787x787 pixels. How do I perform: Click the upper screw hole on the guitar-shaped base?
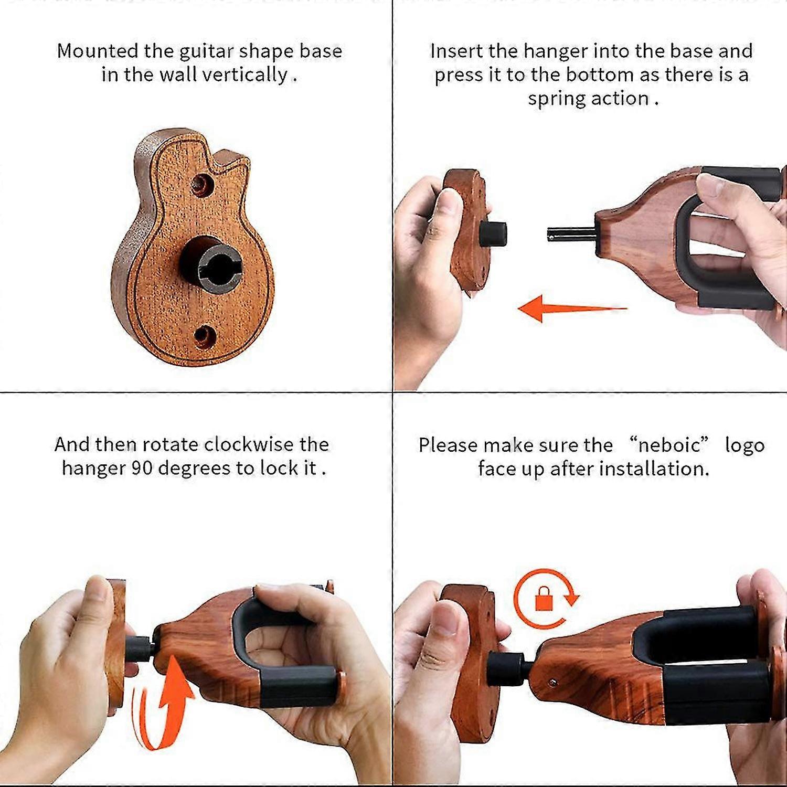click(202, 184)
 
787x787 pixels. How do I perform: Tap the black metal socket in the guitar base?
click(211, 261)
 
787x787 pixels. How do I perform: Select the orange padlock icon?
click(543, 598)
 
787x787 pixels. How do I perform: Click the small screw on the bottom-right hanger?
click(552, 682)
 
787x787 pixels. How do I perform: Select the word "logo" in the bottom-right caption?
click(745, 445)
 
